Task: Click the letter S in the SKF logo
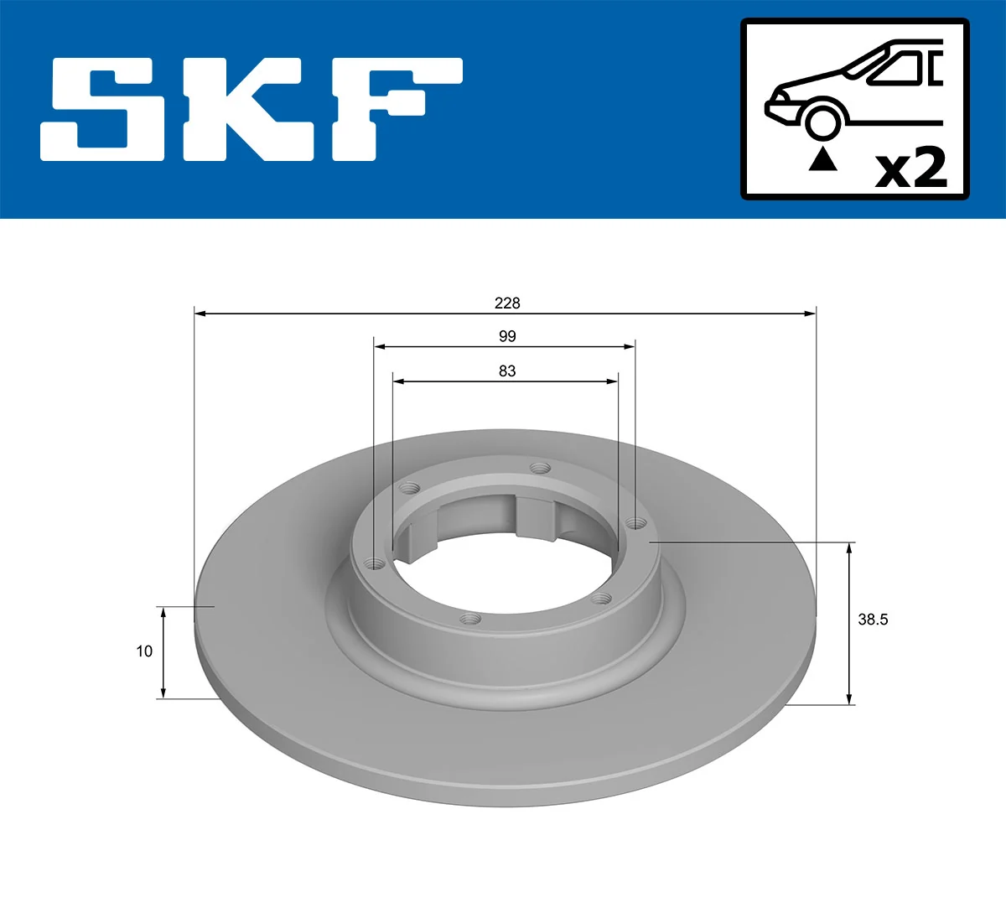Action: (105, 109)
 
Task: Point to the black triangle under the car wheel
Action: (822, 158)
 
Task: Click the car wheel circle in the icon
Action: (822, 121)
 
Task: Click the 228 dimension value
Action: (506, 303)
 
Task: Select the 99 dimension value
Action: (506, 336)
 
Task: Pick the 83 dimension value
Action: (506, 371)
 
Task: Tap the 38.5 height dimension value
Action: (872, 620)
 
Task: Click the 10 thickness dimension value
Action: (144, 651)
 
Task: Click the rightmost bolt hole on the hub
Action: (636, 524)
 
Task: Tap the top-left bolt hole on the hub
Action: (410, 487)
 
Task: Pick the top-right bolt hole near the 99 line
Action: (540, 468)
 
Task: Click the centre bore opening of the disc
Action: (503, 570)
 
